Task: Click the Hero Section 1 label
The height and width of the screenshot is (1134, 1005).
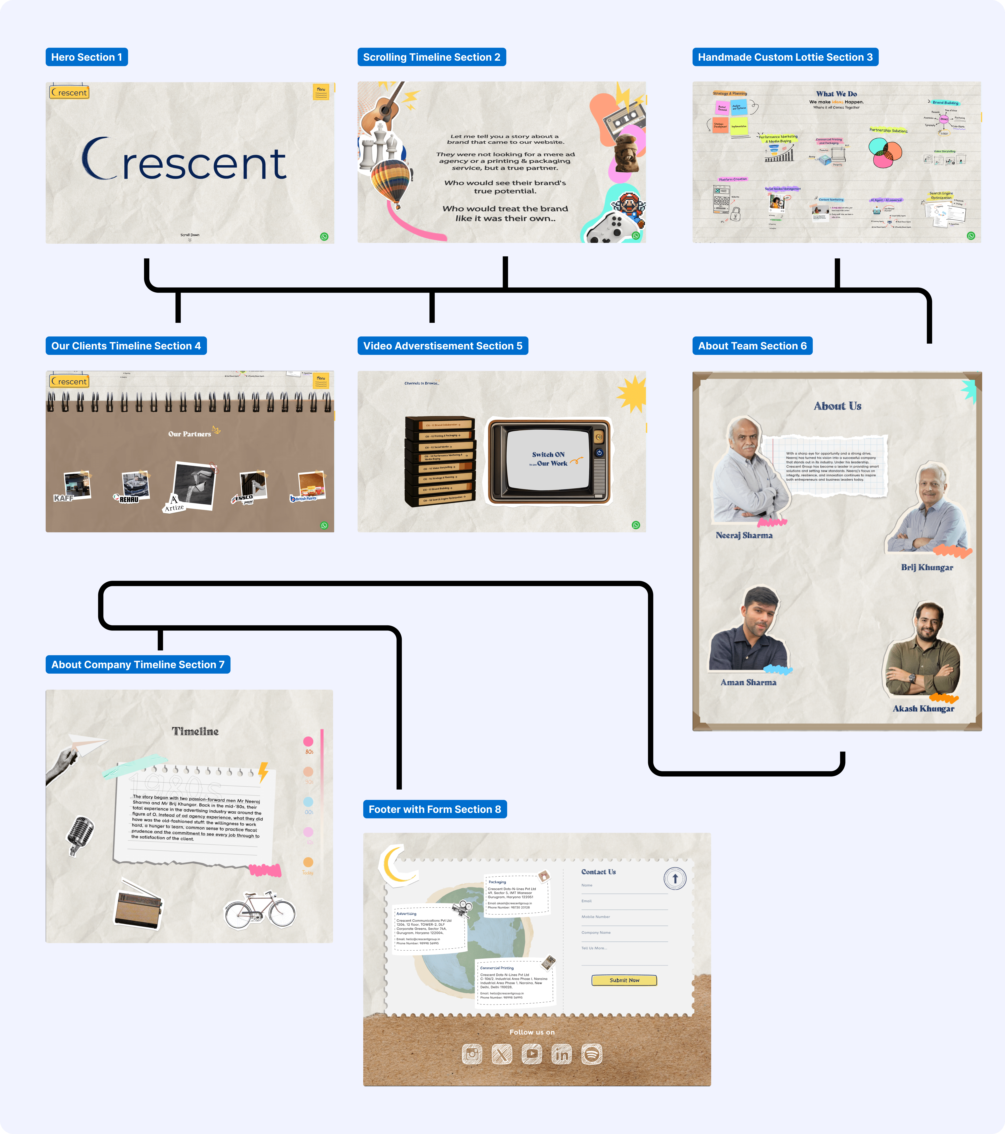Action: click(x=87, y=57)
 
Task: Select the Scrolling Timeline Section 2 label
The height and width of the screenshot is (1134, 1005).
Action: click(x=431, y=57)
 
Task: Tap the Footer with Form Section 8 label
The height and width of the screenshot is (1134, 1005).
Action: click(x=434, y=809)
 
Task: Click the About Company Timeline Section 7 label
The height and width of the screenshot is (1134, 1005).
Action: click(x=138, y=665)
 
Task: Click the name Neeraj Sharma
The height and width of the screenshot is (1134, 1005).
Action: click(x=744, y=535)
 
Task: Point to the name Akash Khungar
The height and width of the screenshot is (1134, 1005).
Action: click(x=923, y=708)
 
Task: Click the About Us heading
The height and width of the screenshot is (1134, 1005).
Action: click(x=837, y=406)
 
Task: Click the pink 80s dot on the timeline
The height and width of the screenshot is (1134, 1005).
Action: click(x=309, y=742)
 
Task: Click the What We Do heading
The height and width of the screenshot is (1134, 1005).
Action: click(x=836, y=94)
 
